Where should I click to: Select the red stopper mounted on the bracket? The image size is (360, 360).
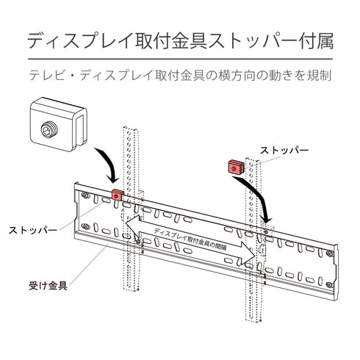pos(117,195)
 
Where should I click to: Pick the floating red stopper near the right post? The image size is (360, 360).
pos(234,166)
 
